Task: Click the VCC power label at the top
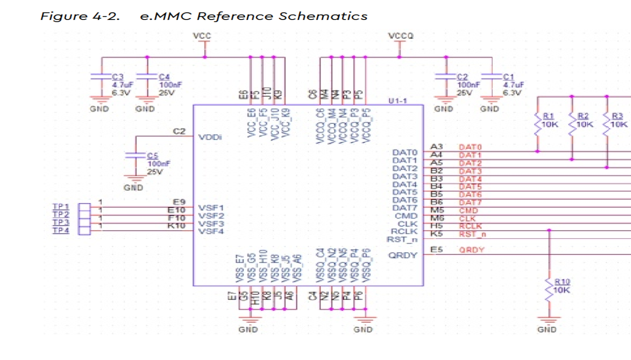pyautogui.click(x=202, y=36)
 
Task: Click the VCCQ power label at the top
pyautogui.click(x=401, y=36)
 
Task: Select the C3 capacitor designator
pyautogui.click(x=118, y=77)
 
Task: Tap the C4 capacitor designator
pyautogui.click(x=164, y=77)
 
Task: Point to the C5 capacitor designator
pyautogui.click(x=153, y=156)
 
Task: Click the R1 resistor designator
pyautogui.click(x=549, y=116)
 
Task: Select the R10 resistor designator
pyautogui.click(x=562, y=282)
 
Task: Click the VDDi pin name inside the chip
pyautogui.click(x=210, y=137)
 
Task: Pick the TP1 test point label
pyautogui.click(x=61, y=207)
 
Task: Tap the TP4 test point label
pyautogui.click(x=61, y=231)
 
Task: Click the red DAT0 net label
pyautogui.click(x=470, y=147)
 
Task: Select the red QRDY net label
pyautogui.click(x=472, y=250)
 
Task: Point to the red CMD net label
pyautogui.click(x=468, y=211)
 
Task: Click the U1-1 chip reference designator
pyautogui.click(x=397, y=101)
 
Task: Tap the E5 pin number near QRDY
pyautogui.click(x=436, y=250)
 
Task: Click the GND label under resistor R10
pyautogui.click(x=547, y=330)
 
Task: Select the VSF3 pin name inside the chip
pyautogui.click(x=211, y=224)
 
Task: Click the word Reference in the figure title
pyautogui.click(x=235, y=16)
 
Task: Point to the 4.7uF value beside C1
pyautogui.click(x=513, y=85)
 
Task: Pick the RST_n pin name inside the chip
pyautogui.click(x=402, y=239)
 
